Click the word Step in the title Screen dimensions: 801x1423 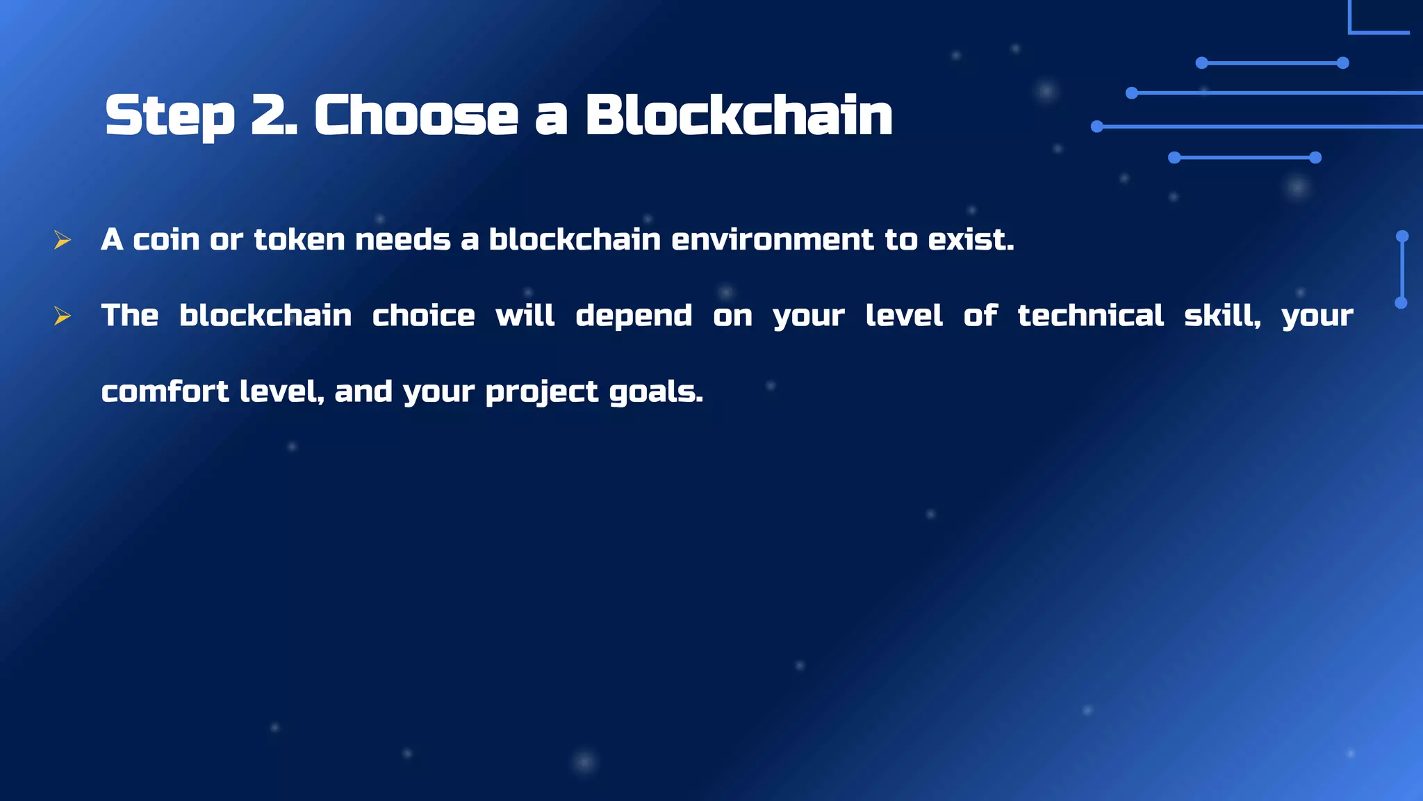pos(170,115)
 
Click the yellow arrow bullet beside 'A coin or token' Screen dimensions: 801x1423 pos(63,241)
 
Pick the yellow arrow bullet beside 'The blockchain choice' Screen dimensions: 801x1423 pos(63,316)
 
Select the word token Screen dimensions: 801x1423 pos(299,240)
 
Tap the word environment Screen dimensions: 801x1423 pos(772,240)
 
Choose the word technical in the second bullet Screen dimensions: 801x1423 pos(1090,316)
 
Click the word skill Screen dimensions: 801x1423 pos(1221,316)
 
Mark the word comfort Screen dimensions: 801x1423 pos(165,391)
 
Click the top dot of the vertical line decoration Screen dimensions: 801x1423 pos(1402,236)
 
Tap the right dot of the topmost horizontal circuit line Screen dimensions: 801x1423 pos(1343,63)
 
